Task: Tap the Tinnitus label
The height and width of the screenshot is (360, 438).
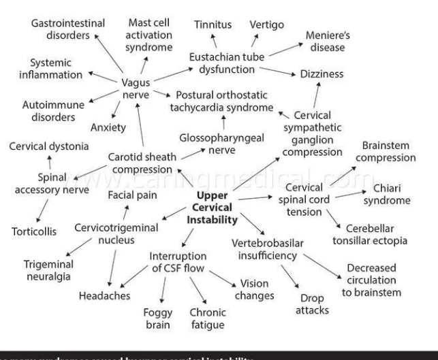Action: [x=213, y=24]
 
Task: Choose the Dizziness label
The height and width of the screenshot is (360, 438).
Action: [x=331, y=73]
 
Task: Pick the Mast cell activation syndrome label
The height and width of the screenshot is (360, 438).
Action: [x=148, y=36]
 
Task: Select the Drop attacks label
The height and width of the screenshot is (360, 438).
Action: [x=313, y=304]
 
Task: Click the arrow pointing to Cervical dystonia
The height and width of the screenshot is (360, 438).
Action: [x=49, y=161]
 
